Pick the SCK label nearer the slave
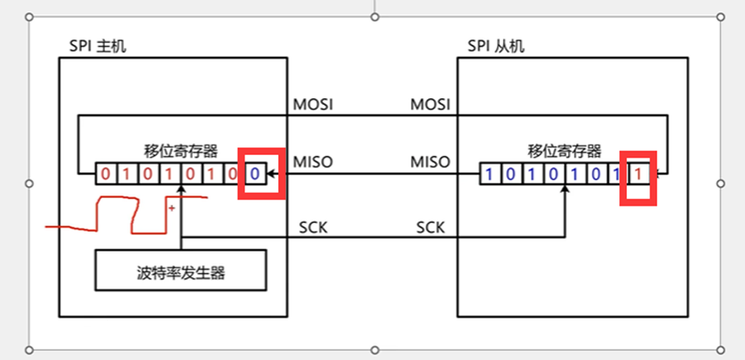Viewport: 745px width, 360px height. click(431, 227)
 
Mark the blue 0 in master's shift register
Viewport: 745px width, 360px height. click(254, 174)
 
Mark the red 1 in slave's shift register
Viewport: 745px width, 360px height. click(637, 174)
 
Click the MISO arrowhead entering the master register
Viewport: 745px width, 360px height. click(270, 175)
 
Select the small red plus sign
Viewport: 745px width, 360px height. click(172, 208)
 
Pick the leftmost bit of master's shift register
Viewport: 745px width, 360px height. click(105, 174)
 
